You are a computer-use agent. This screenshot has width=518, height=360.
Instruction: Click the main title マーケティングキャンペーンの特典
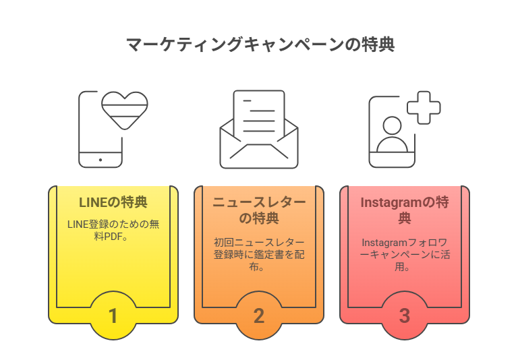(x=260, y=44)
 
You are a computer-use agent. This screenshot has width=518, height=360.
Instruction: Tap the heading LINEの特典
(x=113, y=202)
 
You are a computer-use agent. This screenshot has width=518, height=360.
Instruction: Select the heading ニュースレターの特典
(x=259, y=210)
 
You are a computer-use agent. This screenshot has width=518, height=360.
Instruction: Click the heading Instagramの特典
(x=405, y=210)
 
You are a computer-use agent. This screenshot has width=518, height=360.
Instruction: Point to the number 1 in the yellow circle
(x=113, y=316)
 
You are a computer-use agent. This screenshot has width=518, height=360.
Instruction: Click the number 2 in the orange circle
(x=259, y=316)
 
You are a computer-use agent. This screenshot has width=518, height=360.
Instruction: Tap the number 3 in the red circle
(x=405, y=316)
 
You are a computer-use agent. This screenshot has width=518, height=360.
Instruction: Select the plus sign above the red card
(x=424, y=108)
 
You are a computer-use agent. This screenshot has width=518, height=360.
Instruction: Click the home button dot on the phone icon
(x=100, y=160)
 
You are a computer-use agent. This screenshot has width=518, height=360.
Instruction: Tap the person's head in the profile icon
(x=392, y=125)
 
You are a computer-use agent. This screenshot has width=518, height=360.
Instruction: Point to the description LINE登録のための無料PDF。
(x=113, y=230)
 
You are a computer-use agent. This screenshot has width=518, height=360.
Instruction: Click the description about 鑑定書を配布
(x=259, y=254)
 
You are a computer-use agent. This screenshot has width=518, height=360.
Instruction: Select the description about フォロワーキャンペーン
(x=405, y=254)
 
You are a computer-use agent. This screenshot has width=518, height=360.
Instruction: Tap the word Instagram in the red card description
(x=382, y=243)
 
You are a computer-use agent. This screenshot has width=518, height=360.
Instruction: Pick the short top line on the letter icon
(x=247, y=100)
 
